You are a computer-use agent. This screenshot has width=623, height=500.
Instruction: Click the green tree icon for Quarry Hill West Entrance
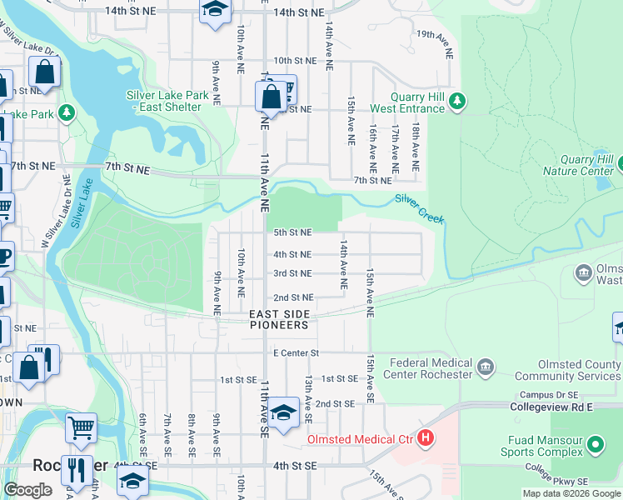click(x=456, y=102)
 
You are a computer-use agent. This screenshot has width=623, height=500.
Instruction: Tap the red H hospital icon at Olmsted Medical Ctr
click(x=426, y=437)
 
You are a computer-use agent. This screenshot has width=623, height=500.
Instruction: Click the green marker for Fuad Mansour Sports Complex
click(x=595, y=445)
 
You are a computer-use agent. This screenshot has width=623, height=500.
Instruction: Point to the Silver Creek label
click(x=419, y=209)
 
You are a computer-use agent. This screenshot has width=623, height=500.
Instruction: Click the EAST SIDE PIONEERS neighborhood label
click(x=280, y=319)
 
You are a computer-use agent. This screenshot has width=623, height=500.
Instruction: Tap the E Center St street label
click(x=297, y=353)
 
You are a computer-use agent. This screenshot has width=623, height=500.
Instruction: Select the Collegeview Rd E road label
click(x=556, y=407)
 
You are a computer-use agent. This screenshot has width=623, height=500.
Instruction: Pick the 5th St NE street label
click(x=292, y=233)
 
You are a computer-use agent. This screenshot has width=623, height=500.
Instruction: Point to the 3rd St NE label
click(x=292, y=273)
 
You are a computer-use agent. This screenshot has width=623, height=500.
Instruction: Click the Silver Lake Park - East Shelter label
click(x=164, y=101)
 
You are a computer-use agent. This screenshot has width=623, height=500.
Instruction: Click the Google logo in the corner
click(x=27, y=490)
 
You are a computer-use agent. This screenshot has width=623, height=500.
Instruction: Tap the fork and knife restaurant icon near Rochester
click(x=77, y=469)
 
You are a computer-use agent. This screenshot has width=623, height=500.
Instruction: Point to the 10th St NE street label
click(x=295, y=61)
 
